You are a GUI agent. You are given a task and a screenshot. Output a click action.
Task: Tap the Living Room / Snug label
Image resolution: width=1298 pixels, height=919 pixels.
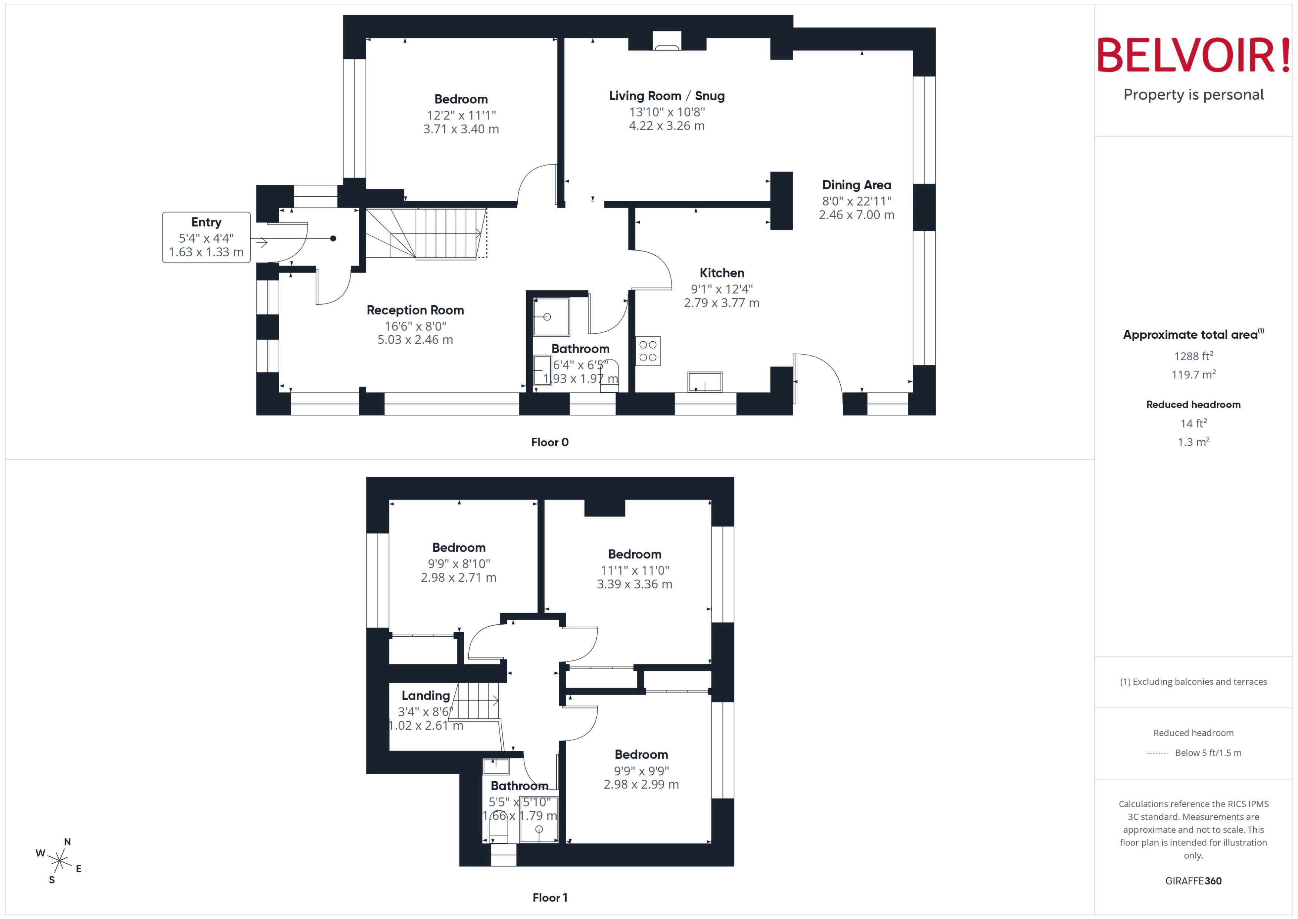pos(666,96)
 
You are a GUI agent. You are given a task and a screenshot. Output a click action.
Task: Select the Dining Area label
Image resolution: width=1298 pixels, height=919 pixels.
pos(856,185)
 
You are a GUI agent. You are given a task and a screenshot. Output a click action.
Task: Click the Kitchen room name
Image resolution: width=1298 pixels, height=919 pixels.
pos(722,273)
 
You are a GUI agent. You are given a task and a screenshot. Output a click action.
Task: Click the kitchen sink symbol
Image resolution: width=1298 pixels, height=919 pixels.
pos(704,382)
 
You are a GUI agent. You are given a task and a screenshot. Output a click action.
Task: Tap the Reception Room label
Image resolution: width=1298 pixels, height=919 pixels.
pos(415,310)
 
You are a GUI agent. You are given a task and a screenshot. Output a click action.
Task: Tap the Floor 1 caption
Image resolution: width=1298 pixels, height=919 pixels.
pos(550,897)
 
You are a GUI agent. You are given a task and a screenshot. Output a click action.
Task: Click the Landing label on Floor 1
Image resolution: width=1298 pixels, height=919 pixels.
pos(425,696)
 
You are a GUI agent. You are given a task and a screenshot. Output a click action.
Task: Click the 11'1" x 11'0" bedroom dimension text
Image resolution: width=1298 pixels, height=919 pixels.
pos(635,570)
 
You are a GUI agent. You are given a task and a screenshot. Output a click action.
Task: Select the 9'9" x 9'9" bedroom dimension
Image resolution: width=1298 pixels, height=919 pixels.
pos(641,771)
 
